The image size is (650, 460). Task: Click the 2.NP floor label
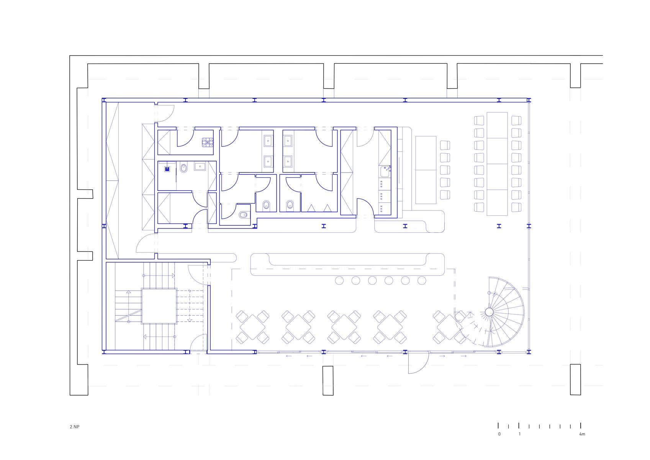click(x=74, y=427)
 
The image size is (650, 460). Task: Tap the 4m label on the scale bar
click(x=582, y=434)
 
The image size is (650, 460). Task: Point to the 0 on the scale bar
click(x=499, y=434)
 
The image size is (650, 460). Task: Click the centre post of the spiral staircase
click(x=489, y=312)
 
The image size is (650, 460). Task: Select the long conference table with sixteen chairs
click(x=497, y=164)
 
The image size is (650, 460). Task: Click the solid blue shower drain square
click(x=167, y=169)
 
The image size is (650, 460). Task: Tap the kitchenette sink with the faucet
click(x=385, y=171)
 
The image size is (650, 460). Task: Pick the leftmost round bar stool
click(x=339, y=281)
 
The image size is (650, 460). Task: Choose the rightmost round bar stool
click(x=422, y=281)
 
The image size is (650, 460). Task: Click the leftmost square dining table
click(x=252, y=327)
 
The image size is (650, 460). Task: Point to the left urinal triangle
click(x=311, y=208)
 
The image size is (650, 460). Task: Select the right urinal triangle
click(x=327, y=208)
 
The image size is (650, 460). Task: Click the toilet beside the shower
click(x=183, y=168)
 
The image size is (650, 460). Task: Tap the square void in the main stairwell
click(x=159, y=306)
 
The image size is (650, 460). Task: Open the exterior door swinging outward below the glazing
click(x=418, y=362)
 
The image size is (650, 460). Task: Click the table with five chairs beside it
click(x=426, y=170)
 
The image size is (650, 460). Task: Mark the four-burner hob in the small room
click(x=208, y=142)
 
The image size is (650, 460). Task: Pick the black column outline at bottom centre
click(x=328, y=380)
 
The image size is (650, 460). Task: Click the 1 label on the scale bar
click(x=520, y=434)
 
